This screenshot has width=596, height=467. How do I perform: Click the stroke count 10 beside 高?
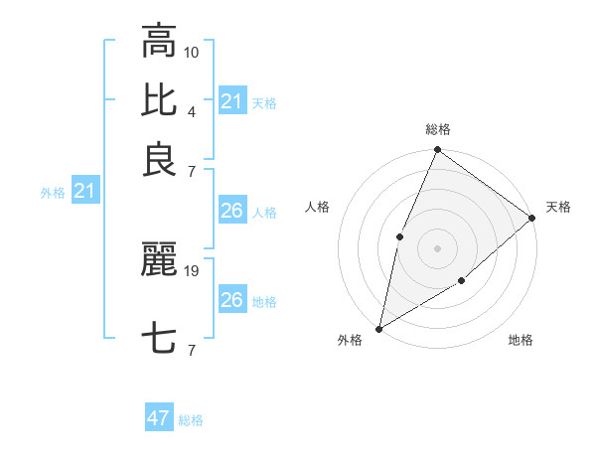(x=193, y=51)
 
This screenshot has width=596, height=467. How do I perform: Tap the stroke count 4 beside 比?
(x=191, y=110)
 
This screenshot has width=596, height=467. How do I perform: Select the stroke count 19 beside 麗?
(x=193, y=269)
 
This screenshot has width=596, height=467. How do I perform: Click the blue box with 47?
(x=159, y=418)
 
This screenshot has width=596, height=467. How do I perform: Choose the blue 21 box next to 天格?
(x=231, y=101)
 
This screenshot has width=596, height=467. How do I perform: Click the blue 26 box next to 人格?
(x=231, y=211)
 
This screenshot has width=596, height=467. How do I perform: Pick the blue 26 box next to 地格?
(x=231, y=300)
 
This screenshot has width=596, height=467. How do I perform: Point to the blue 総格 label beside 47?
(x=191, y=420)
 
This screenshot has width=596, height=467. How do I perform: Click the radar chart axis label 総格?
(x=437, y=129)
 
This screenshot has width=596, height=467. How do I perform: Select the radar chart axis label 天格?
(x=558, y=207)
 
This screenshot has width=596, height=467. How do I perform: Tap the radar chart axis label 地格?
(x=521, y=341)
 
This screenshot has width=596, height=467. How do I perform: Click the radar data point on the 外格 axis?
(x=379, y=328)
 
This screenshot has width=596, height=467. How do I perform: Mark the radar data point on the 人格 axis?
(x=399, y=236)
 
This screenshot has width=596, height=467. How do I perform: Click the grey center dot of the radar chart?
(x=437, y=248)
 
